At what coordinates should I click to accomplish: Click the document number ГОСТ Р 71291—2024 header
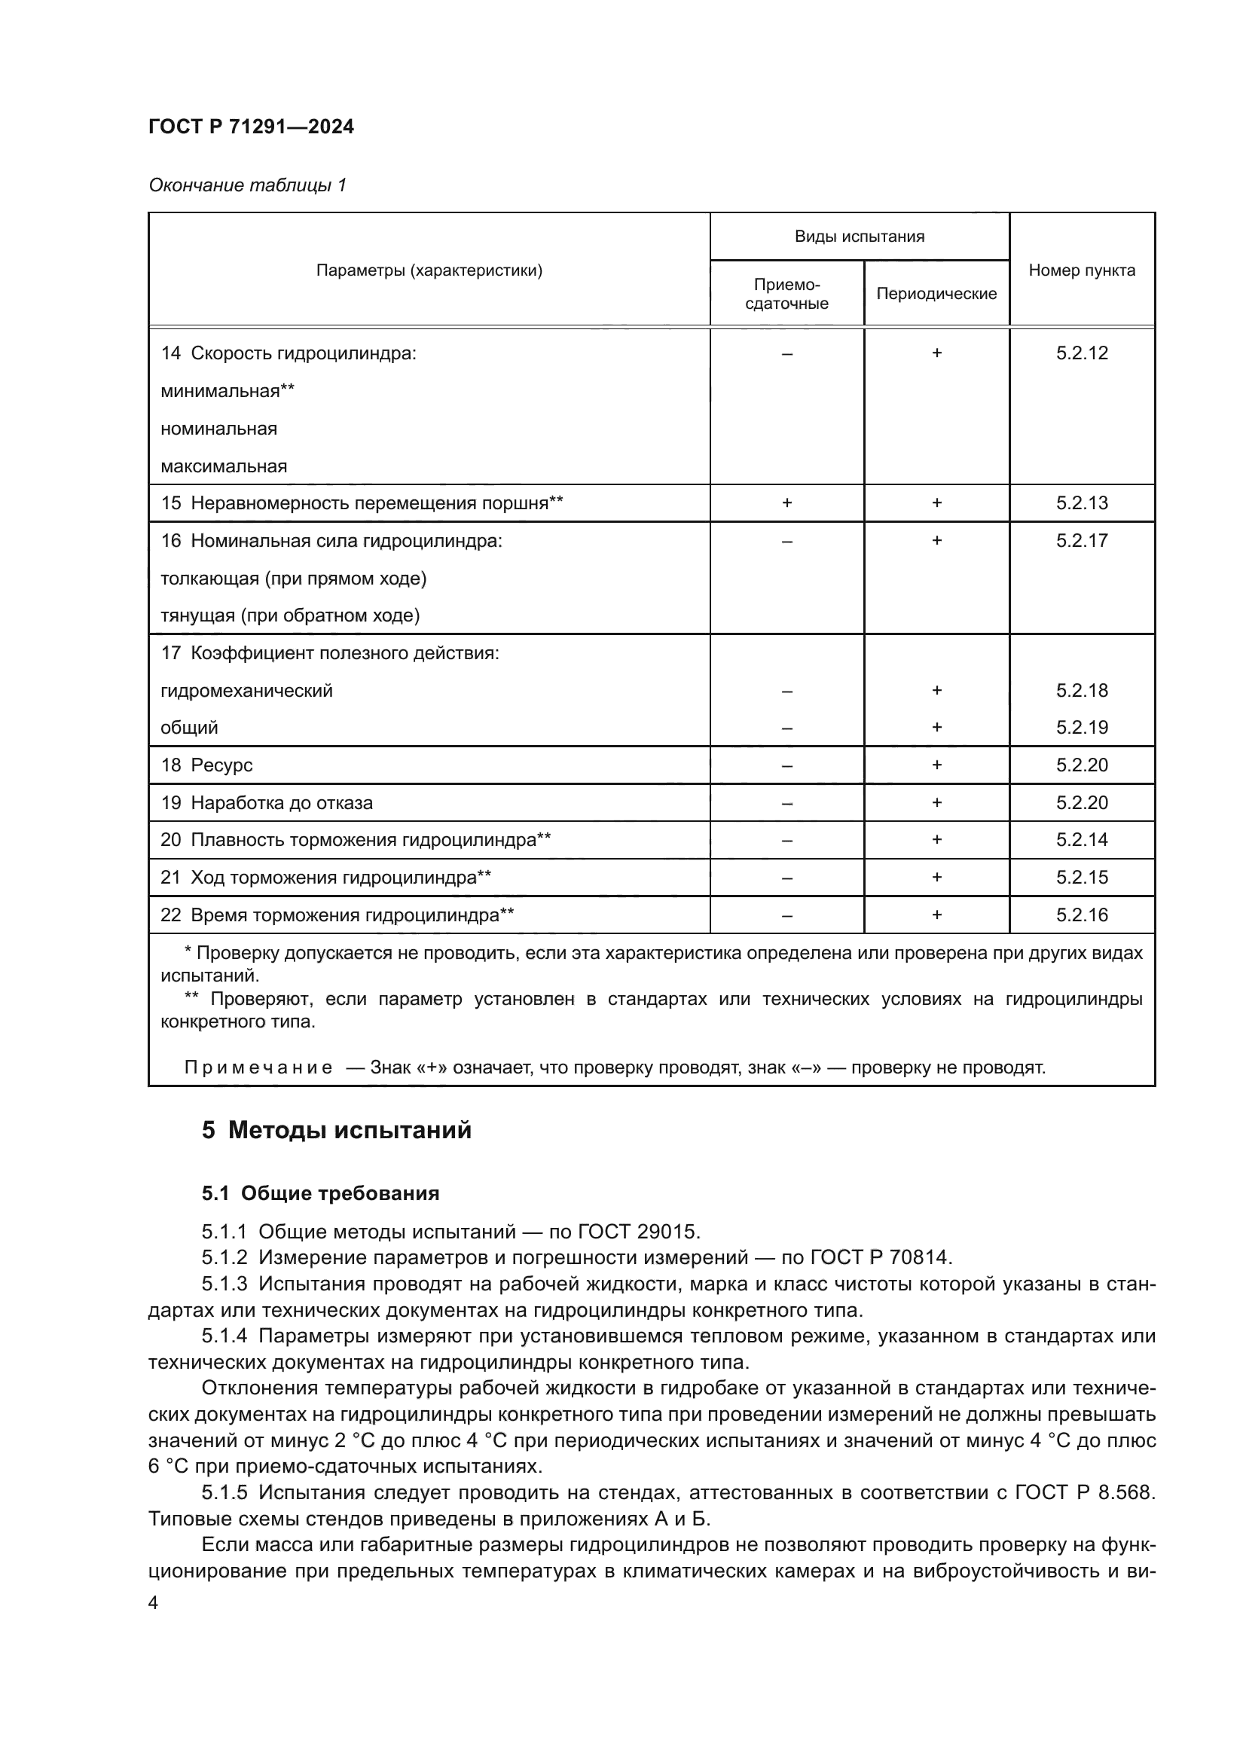251,127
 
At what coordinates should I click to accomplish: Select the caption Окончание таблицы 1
247,185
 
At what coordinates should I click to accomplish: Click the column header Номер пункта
1081,270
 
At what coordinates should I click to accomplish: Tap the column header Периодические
936,294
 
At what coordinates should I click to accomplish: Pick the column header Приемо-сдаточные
786,294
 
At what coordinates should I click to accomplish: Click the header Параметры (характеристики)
429,270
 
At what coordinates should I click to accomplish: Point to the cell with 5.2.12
1081,353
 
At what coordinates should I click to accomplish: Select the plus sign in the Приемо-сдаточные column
786,502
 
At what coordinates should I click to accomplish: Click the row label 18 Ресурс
206,765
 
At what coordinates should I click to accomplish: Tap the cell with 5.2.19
1081,728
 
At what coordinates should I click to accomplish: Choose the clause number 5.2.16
1081,915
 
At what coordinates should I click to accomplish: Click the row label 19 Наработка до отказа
266,803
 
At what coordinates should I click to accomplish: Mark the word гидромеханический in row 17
246,691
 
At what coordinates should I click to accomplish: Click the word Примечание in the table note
258,1067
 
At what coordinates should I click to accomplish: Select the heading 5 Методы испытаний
336,1131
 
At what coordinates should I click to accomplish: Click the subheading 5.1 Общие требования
320,1193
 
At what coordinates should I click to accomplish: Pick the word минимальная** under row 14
227,391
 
